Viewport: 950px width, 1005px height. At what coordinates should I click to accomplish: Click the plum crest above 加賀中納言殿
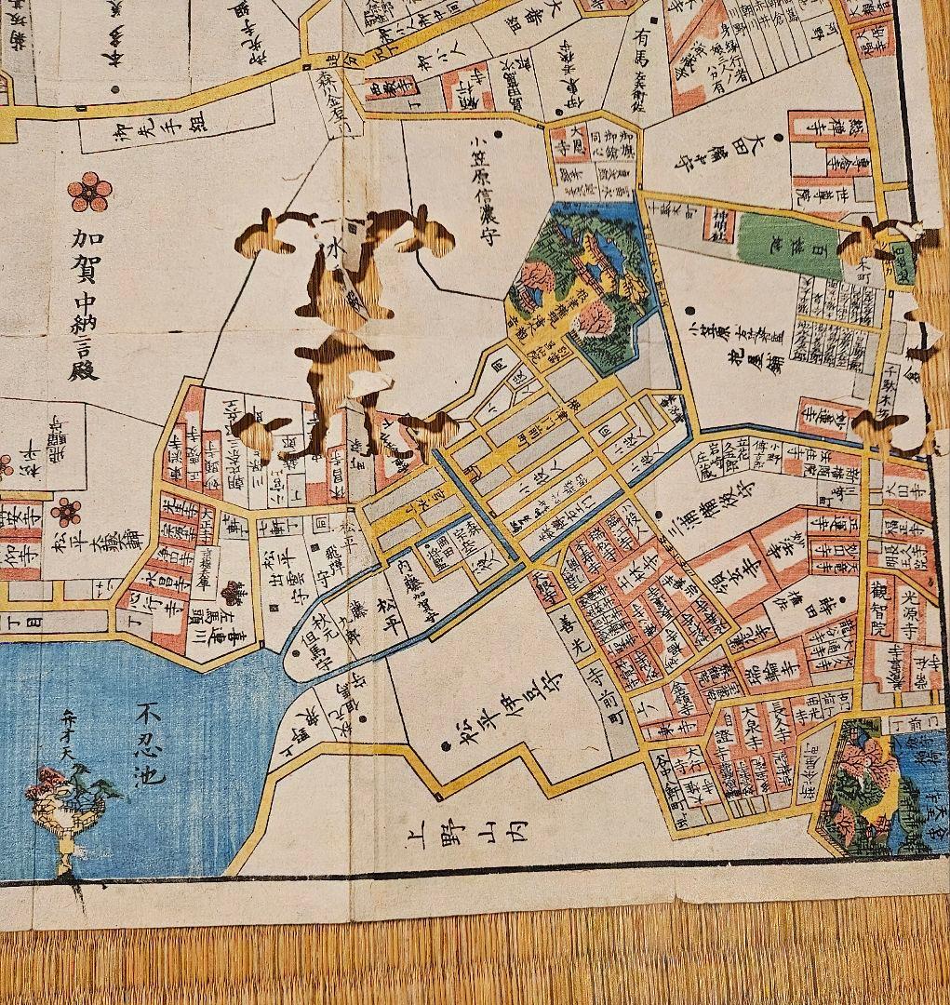(x=90, y=193)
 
